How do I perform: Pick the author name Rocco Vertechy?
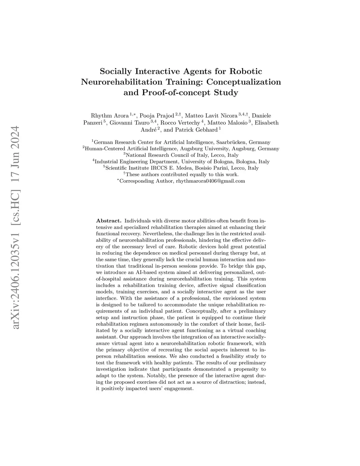181,123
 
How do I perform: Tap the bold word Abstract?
109,221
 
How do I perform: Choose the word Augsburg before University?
192,149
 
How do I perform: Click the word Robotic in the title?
246,71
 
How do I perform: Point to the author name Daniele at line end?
262,116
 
